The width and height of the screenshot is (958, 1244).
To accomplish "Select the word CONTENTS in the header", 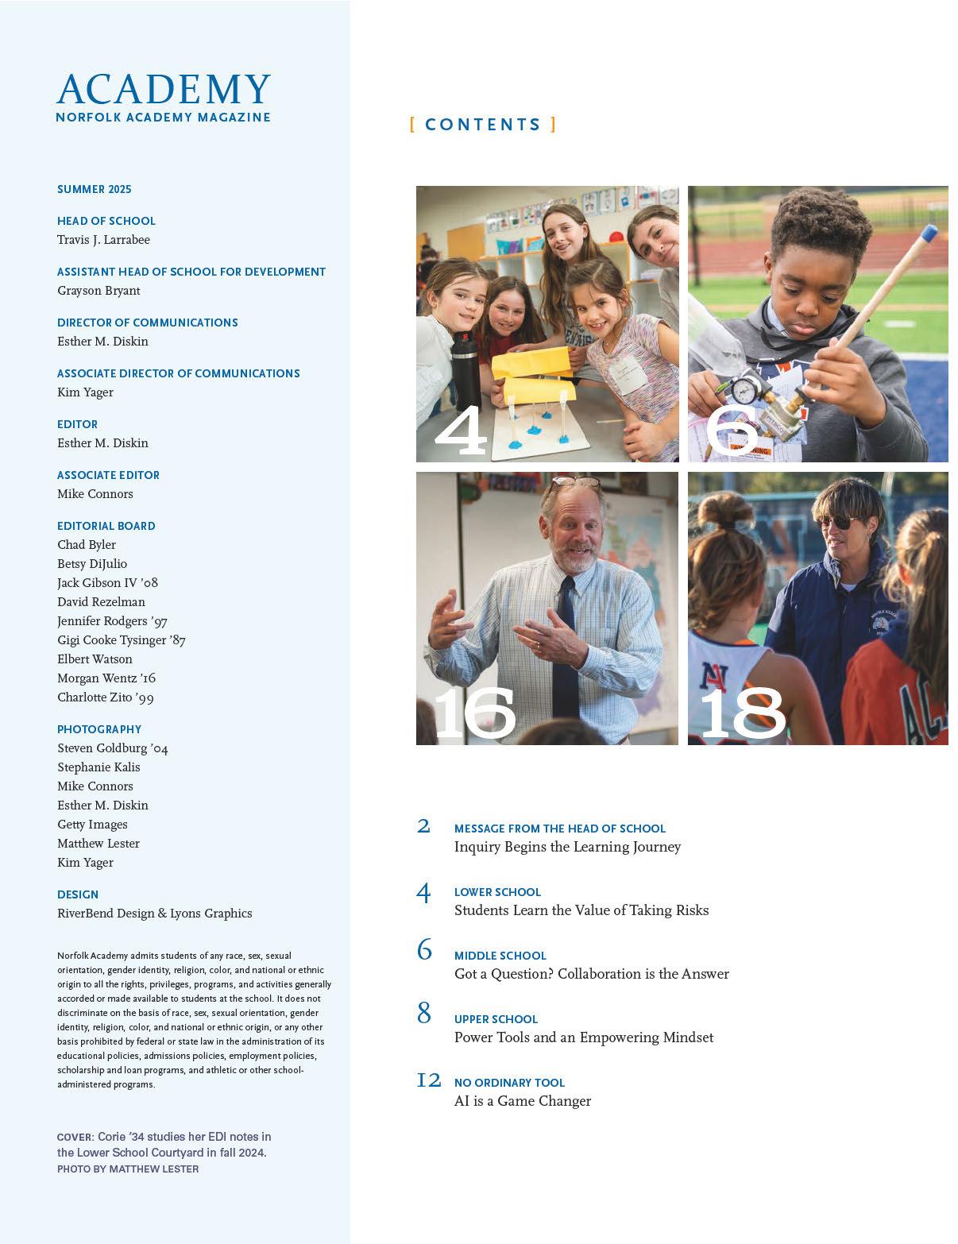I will tap(483, 125).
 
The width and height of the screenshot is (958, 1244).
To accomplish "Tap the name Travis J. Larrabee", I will tap(103, 240).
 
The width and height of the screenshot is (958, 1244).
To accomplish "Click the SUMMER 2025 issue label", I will tap(95, 189).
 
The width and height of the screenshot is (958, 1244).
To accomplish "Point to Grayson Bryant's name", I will tap(99, 291).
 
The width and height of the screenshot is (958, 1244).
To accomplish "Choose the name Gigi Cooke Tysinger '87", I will tap(122, 640).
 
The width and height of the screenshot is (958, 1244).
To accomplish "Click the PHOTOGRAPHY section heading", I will tap(99, 729).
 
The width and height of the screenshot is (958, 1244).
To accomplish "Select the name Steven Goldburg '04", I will tap(113, 748).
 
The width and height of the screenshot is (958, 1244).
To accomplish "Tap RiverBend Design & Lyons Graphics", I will tap(155, 914).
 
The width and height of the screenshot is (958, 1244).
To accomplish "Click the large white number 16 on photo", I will tap(474, 713).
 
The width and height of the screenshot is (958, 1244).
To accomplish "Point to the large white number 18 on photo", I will tap(743, 713).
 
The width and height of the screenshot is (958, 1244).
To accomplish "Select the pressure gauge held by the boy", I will tap(744, 390).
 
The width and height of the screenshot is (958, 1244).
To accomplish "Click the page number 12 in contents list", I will tap(429, 1080).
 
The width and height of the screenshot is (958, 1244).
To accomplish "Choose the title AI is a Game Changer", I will tap(523, 1101).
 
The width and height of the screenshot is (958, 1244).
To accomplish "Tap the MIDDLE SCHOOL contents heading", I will tap(500, 956).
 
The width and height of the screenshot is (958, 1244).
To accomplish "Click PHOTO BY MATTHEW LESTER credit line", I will tap(128, 1169).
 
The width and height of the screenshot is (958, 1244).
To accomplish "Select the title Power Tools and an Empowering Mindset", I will tap(584, 1037).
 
